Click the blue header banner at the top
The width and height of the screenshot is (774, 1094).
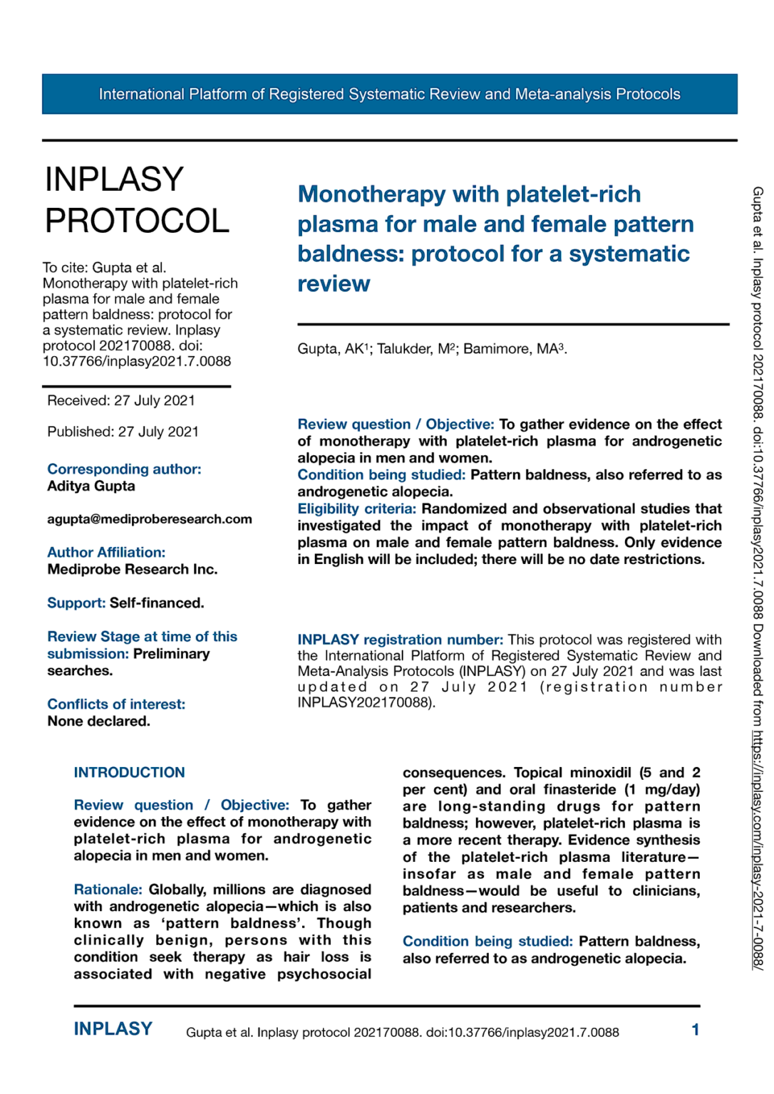[x=389, y=94]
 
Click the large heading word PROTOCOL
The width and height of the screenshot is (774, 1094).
[x=137, y=221]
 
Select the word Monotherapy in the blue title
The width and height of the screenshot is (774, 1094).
[x=371, y=194]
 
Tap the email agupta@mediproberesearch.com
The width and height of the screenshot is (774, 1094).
[x=150, y=519]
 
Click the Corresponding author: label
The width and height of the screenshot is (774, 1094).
[x=124, y=469]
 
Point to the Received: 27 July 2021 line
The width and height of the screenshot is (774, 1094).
[x=121, y=401]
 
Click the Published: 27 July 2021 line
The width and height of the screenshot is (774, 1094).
[x=123, y=432]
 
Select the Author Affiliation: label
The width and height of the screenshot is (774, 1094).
[x=106, y=553]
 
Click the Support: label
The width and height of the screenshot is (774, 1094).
[x=76, y=603]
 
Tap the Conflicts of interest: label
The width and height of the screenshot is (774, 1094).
[x=116, y=704]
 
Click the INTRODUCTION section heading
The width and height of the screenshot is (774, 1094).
[x=129, y=773]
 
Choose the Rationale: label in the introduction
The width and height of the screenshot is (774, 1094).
[x=108, y=890]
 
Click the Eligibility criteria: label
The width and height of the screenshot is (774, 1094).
[x=356, y=509]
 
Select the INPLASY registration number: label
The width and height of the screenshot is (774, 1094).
[x=400, y=640]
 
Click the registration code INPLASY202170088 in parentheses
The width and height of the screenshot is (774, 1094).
[x=363, y=703]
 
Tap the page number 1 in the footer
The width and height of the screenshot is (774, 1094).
[x=695, y=1030]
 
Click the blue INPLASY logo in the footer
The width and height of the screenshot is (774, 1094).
[x=113, y=1029]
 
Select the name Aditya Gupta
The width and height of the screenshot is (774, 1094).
[x=91, y=486]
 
